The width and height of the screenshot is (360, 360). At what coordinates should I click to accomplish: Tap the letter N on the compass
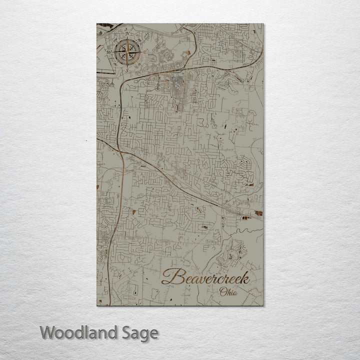[x=127, y=34]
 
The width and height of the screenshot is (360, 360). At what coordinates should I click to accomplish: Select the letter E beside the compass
[x=145, y=52]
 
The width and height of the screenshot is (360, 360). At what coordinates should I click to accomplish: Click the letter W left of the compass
[x=109, y=52]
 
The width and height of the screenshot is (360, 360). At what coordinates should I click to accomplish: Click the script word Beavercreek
[x=205, y=276]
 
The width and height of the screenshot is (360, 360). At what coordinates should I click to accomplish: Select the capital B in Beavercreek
[x=171, y=276]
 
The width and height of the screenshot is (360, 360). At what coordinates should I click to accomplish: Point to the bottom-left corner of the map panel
[x=97, y=305]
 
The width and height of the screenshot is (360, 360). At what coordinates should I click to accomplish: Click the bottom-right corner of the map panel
[x=263, y=305]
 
